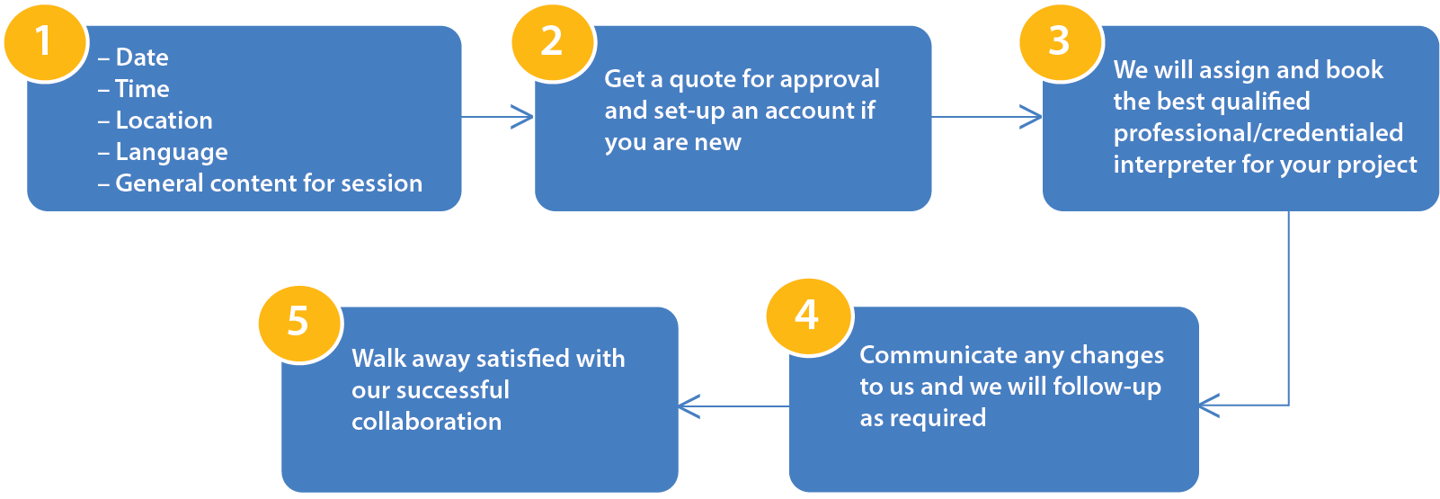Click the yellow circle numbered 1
click(43, 41)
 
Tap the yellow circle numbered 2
click(552, 41)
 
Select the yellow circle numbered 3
click(1060, 41)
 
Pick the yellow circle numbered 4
click(807, 316)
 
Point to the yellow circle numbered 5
click(298, 322)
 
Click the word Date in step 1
click(142, 58)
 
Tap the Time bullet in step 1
click(142, 89)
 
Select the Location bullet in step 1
click(164, 120)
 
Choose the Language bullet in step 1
click(171, 152)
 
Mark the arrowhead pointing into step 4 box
click(1208, 405)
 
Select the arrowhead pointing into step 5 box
click(689, 406)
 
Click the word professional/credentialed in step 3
click(1258, 133)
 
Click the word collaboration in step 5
click(426, 422)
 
